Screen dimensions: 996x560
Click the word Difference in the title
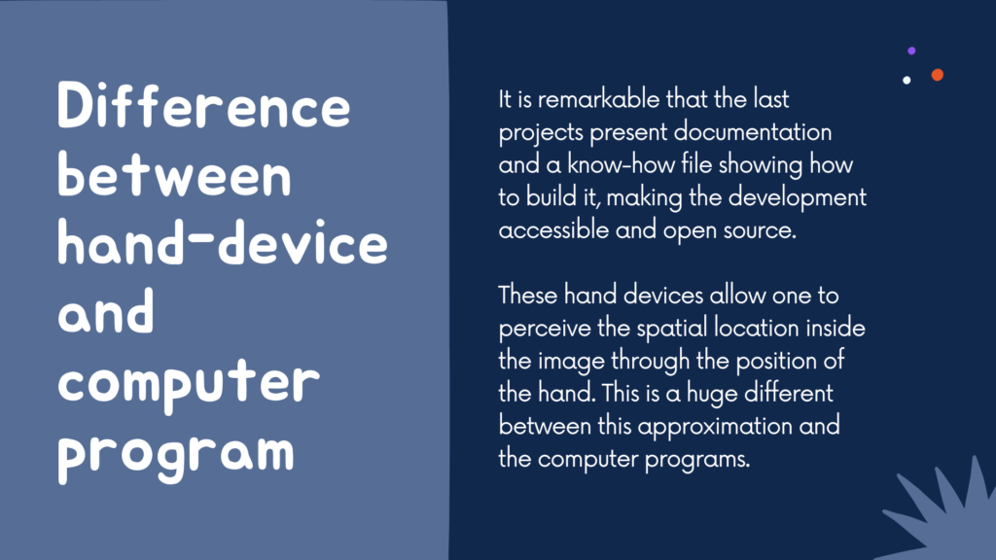[x=204, y=106]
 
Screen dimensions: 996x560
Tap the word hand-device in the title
[x=223, y=243]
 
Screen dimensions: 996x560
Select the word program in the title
[x=176, y=454]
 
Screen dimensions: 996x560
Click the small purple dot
[x=911, y=51]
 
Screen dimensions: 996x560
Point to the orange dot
[x=937, y=75]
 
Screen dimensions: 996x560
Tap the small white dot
[x=907, y=80]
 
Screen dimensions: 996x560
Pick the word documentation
[x=752, y=132]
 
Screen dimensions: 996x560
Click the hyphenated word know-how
[x=621, y=165]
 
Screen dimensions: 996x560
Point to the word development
[x=798, y=198]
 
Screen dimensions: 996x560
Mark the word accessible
[x=553, y=230]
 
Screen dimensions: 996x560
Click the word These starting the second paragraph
[x=528, y=296]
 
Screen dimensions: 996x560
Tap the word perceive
[x=545, y=330]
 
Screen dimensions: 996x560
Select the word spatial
[x=672, y=329]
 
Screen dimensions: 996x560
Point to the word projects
[x=541, y=133]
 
